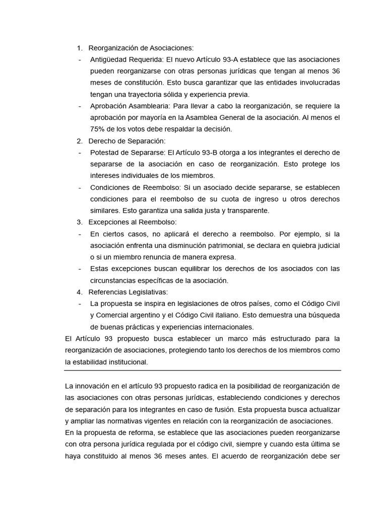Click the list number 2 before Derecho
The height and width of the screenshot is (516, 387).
(x=79, y=141)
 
